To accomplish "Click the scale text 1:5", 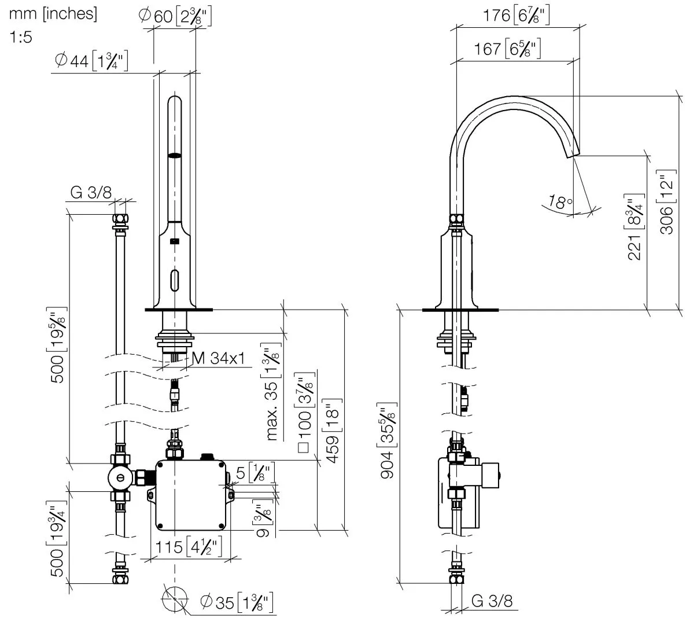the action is (21, 37).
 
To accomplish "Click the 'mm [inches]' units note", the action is (53, 14).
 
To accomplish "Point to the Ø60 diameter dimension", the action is (175, 16).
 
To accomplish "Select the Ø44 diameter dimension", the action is (91, 61).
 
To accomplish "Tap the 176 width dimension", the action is (516, 15).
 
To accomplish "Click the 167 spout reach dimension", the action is (507, 49).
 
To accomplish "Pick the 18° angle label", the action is (560, 201).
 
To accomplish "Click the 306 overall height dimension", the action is (667, 203).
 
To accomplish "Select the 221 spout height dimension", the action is (635, 227).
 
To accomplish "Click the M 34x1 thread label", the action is (219, 358).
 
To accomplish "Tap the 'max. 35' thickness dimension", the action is (272, 392).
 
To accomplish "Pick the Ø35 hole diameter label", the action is (237, 602).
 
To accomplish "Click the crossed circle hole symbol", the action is (175, 599).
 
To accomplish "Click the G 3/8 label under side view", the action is (492, 601).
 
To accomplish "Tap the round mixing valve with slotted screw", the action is (120, 477).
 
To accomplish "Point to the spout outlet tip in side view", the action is (573, 156).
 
